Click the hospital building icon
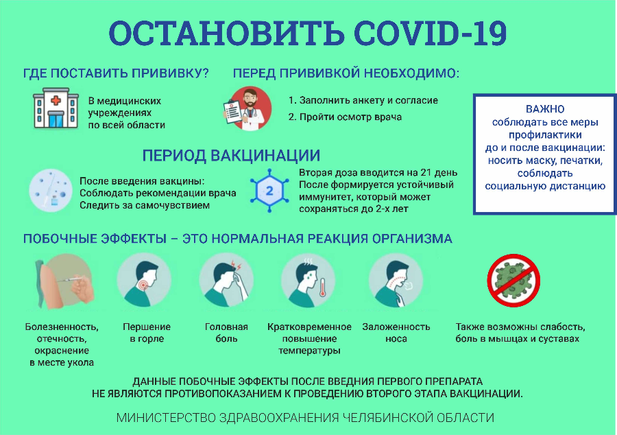click(56, 108)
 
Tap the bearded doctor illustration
click(247, 108)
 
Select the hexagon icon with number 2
click(269, 191)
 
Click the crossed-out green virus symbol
click(513, 281)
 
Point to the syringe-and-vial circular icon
click(51, 191)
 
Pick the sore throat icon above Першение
click(145, 280)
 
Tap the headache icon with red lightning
click(226, 280)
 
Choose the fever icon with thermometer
click(308, 280)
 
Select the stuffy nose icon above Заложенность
click(396, 280)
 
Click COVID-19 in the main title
click(430, 33)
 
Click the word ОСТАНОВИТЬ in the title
click(226, 33)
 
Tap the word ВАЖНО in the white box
click(545, 109)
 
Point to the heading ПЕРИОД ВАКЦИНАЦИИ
click(231, 156)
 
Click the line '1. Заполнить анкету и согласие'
click(363, 100)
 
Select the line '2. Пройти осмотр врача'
click(345, 117)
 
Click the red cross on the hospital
click(56, 100)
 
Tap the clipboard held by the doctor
click(232, 113)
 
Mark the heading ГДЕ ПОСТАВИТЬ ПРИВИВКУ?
click(116, 73)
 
